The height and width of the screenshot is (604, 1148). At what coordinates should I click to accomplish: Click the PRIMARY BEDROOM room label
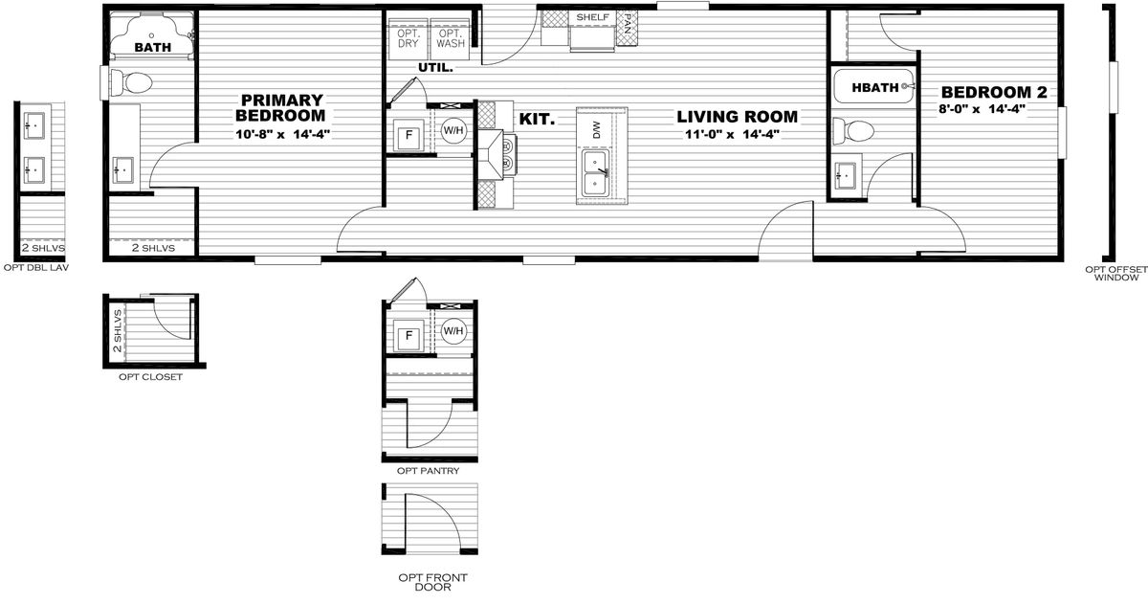pyautogui.click(x=280, y=107)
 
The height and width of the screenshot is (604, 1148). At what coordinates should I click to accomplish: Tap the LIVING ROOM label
pyautogui.click(x=737, y=117)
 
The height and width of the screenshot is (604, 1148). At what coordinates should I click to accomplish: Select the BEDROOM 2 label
pyautogui.click(x=994, y=92)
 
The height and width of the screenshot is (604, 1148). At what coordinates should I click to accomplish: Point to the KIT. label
pyautogui.click(x=537, y=119)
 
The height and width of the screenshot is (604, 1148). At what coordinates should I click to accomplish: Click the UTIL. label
pyautogui.click(x=435, y=67)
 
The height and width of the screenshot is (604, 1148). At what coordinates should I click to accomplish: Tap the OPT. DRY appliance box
pyautogui.click(x=408, y=39)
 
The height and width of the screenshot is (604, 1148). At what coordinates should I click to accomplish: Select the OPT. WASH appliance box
pyautogui.click(x=451, y=39)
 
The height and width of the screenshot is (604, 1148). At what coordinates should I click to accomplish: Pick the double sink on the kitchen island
pyautogui.click(x=595, y=173)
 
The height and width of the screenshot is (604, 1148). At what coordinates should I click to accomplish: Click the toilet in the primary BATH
pyautogui.click(x=132, y=82)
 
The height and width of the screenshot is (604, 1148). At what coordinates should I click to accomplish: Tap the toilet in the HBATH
pyautogui.click(x=853, y=131)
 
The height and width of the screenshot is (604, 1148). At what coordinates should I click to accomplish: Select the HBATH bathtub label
pyautogui.click(x=874, y=88)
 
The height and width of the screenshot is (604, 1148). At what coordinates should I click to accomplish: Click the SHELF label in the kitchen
pyautogui.click(x=593, y=17)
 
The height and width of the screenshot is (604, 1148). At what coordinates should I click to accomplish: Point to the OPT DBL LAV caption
pyautogui.click(x=36, y=268)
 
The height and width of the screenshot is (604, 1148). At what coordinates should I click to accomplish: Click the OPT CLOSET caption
pyautogui.click(x=151, y=377)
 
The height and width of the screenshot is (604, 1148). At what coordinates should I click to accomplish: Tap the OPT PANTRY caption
pyautogui.click(x=429, y=471)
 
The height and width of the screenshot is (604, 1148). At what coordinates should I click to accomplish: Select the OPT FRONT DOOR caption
pyautogui.click(x=433, y=583)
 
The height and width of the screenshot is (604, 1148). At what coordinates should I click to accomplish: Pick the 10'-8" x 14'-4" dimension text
pyautogui.click(x=283, y=134)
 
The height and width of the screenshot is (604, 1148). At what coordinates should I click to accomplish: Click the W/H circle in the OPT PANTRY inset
pyautogui.click(x=453, y=330)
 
